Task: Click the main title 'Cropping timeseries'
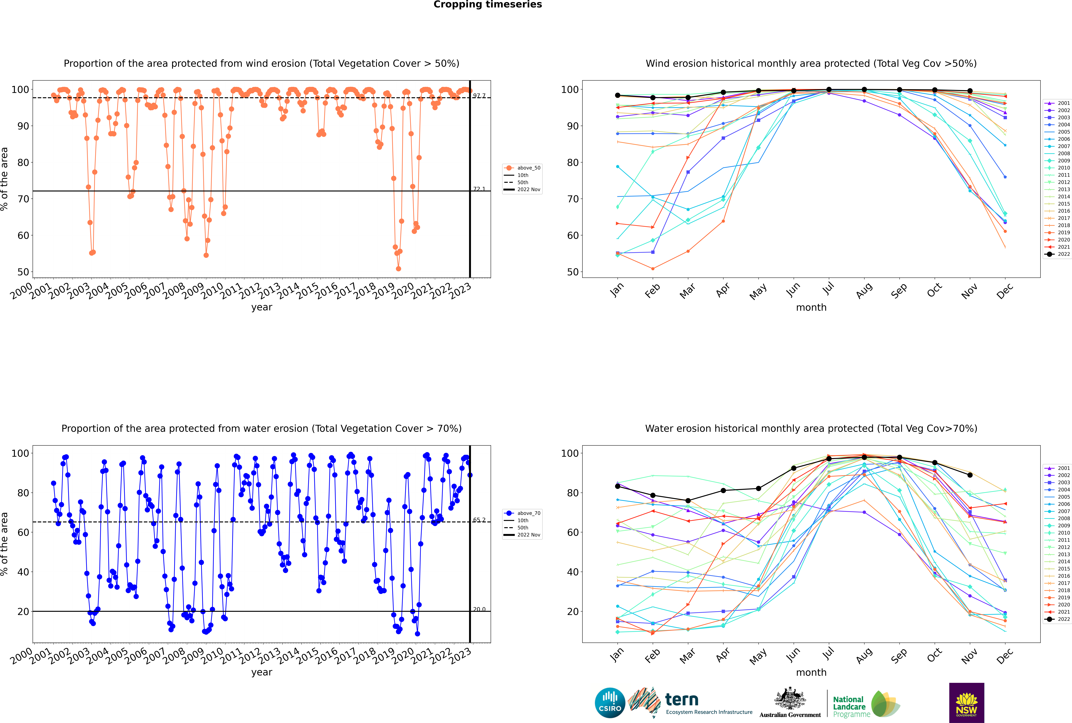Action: pos(488,5)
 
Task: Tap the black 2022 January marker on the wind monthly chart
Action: pos(618,95)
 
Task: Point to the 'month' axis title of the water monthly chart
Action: pos(811,672)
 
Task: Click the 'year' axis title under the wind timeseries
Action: pos(261,307)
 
